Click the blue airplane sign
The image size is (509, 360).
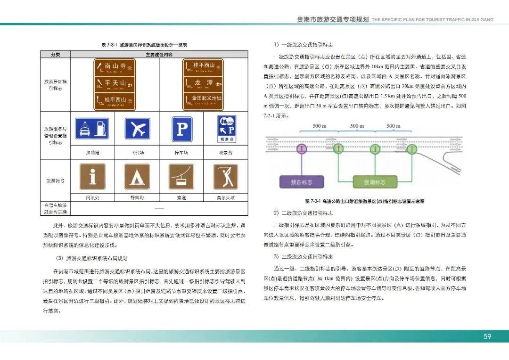click(137, 128)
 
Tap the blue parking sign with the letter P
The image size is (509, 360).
click(182, 129)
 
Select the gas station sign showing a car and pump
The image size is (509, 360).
click(92, 128)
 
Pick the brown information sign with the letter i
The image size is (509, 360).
click(92, 177)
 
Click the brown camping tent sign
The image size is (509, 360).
click(137, 177)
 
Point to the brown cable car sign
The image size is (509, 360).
click(181, 177)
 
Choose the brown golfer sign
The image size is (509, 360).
click(225, 177)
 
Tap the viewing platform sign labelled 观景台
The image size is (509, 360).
click(225, 129)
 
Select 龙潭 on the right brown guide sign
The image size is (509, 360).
click(201, 82)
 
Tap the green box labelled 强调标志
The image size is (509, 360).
click(375, 182)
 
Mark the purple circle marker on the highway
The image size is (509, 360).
click(301, 149)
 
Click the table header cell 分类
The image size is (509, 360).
click(55, 55)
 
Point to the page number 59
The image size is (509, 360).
click(487, 336)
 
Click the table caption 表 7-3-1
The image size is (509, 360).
click(144, 45)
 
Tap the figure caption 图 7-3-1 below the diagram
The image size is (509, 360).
click(364, 201)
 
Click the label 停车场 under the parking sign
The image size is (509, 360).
click(181, 153)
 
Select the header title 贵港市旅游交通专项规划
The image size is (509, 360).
click(332, 20)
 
